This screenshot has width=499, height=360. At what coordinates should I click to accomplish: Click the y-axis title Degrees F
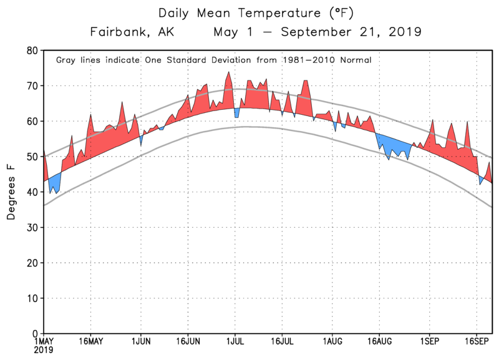coord(11,192)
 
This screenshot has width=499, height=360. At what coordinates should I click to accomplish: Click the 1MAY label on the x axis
coord(44,342)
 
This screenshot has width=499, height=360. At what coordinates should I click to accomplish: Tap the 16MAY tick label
coord(91,342)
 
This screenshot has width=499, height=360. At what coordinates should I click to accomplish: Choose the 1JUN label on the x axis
coord(141,342)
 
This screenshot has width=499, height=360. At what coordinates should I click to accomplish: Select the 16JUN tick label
coord(188,342)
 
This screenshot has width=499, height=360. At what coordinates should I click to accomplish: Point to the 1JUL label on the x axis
coord(235,342)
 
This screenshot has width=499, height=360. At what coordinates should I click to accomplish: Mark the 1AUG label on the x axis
coord(332,342)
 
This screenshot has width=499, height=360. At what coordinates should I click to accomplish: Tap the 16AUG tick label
coord(379,342)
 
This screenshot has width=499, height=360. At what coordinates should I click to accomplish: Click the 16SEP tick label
coord(477,342)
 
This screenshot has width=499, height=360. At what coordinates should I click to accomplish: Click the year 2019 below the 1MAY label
coord(44,351)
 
